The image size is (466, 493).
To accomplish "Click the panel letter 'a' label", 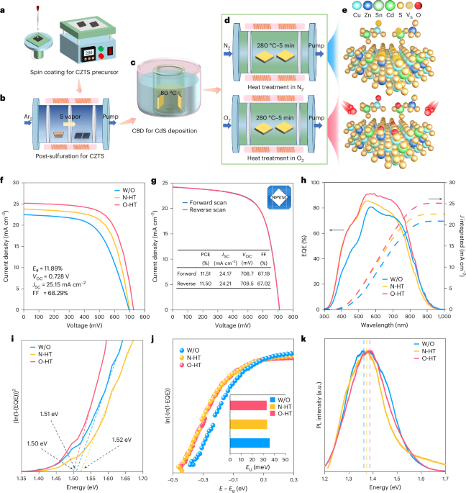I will [x=6, y=7].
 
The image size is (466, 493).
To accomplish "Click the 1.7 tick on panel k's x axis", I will [x=444, y=476].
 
